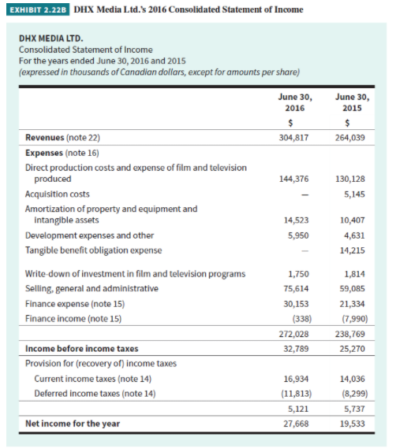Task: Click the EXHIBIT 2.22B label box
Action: click(35, 9)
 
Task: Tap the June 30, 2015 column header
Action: click(352, 102)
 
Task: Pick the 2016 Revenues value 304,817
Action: click(293, 137)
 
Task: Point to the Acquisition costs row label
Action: click(58, 194)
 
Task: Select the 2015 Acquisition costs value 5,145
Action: click(355, 194)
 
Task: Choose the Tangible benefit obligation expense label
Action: click(94, 250)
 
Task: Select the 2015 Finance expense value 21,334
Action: click(352, 303)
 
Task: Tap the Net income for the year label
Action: click(73, 424)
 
